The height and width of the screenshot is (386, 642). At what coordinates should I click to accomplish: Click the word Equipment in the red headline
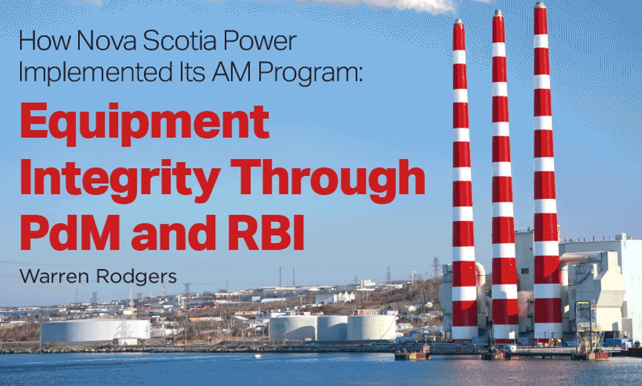click(x=144, y=124)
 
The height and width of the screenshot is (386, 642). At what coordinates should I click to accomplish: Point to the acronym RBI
click(x=266, y=231)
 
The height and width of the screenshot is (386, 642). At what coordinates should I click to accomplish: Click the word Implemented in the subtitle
click(x=94, y=73)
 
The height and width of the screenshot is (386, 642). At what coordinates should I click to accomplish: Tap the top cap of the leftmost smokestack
click(x=458, y=22)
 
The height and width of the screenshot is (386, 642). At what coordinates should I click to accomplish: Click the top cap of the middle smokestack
click(x=498, y=13)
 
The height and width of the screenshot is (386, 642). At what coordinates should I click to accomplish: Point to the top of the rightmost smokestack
click(x=540, y=5)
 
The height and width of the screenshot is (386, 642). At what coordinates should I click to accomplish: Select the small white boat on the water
click(x=258, y=356)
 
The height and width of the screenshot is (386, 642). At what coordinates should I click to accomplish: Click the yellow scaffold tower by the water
click(x=587, y=327)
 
